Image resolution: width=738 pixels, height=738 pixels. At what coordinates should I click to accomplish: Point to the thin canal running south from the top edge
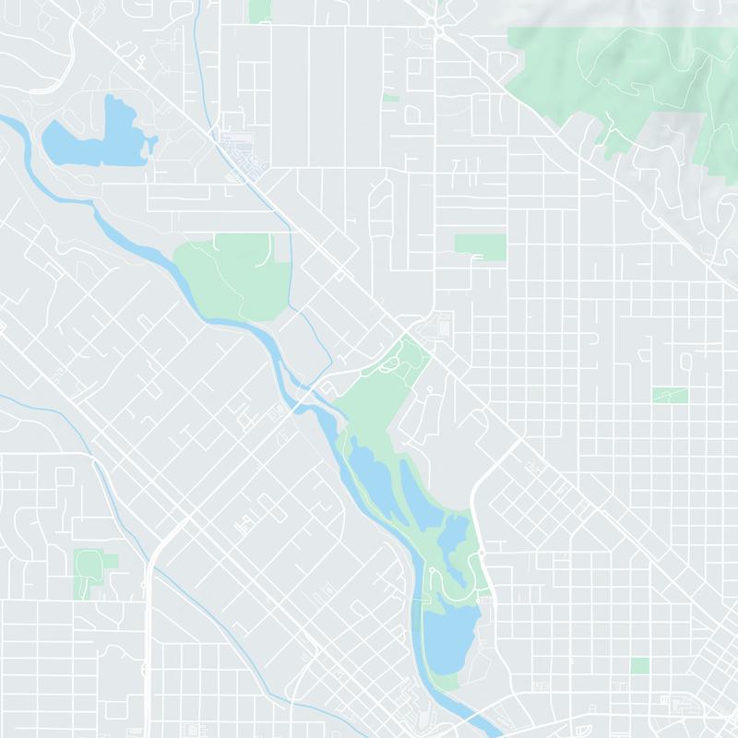pos(201,55)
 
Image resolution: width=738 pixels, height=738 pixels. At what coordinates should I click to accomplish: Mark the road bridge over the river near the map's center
pos(314,392)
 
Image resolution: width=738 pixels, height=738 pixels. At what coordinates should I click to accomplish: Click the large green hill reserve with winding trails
pos(627,83)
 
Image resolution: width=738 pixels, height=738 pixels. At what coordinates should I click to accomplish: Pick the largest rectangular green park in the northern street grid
pos(480,245)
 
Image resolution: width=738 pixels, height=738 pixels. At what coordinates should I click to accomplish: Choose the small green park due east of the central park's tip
pos(670,395)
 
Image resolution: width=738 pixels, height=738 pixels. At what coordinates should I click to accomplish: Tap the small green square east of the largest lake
pos(639,665)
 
